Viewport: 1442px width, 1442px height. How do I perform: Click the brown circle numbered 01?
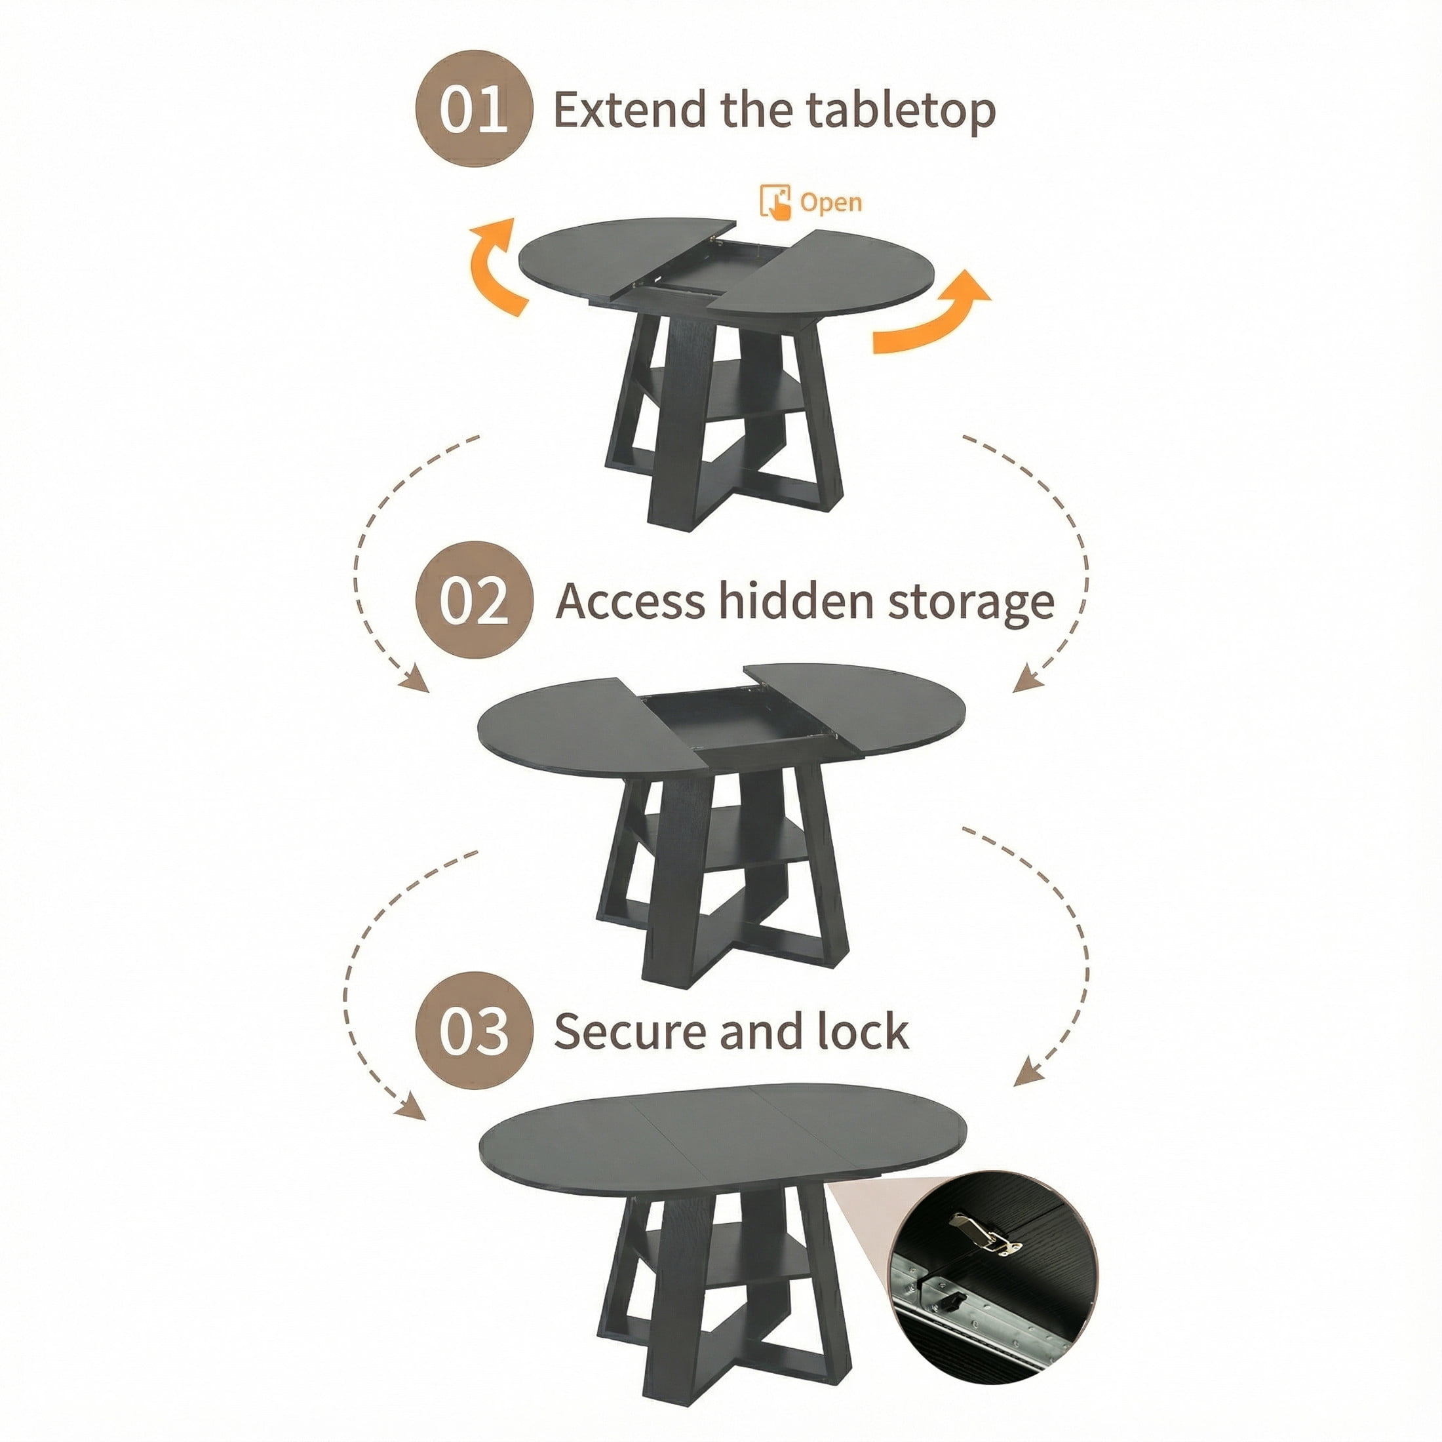[474, 109]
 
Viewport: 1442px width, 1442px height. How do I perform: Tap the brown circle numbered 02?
[474, 600]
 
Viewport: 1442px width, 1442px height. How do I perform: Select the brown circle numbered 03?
[474, 1031]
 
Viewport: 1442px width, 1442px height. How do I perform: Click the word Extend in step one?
[629, 109]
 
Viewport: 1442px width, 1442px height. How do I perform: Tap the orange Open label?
[830, 203]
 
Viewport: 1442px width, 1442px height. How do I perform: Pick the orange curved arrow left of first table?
[494, 267]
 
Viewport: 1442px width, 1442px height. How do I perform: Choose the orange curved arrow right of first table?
[931, 312]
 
